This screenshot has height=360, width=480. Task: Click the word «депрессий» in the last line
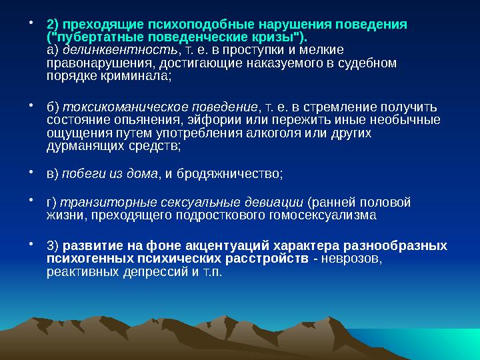click(161, 272)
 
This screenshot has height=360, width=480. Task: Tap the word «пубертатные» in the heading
click(90, 37)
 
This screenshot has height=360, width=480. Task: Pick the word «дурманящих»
click(78, 146)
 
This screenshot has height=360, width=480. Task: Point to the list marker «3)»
click(52, 246)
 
